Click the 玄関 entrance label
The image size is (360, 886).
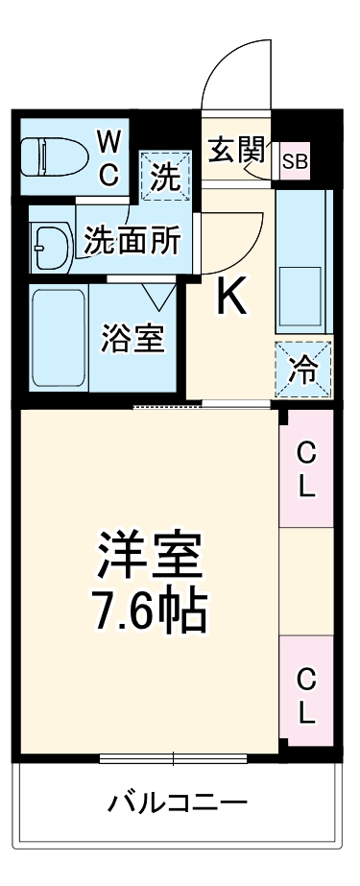236,152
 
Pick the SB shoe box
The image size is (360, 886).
295,162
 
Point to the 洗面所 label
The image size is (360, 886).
132,239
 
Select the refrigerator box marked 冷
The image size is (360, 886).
302,370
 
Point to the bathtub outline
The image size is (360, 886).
59,335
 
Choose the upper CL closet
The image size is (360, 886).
306,468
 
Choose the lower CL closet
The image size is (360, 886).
306,696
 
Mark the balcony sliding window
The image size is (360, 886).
173,758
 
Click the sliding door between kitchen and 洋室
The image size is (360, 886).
168,407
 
